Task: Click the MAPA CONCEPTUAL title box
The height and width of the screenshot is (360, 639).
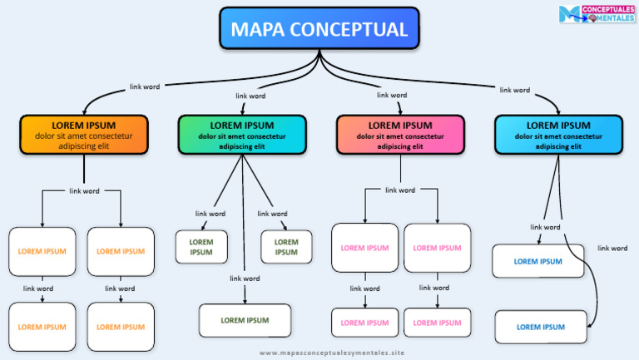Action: [319, 29]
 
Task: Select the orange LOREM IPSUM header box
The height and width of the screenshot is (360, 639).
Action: [84, 135]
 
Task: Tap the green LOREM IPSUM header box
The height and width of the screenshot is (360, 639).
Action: [242, 135]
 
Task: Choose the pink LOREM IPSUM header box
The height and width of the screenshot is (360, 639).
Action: [400, 135]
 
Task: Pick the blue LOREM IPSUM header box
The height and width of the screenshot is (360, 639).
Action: [558, 135]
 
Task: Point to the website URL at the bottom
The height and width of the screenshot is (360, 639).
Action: [331, 353]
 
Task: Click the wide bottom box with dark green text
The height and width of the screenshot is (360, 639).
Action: [245, 320]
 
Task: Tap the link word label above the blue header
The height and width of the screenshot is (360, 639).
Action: [515, 90]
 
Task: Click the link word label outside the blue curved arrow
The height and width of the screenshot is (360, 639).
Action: [612, 248]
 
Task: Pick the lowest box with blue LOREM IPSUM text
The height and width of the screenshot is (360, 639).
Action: [540, 327]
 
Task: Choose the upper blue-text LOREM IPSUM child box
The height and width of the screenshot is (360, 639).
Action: [537, 261]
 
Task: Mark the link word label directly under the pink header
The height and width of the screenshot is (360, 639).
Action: [400, 190]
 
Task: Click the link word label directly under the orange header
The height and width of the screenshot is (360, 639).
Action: [84, 191]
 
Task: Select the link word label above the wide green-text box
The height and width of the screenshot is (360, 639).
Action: [245, 279]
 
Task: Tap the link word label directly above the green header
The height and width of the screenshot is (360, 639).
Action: [251, 96]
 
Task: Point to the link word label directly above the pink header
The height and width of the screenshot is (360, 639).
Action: [392, 95]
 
